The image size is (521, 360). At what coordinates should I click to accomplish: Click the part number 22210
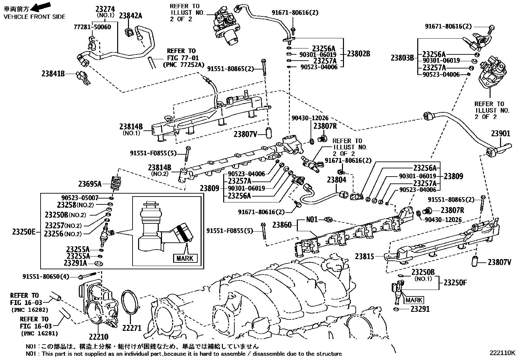click(x=98, y=337)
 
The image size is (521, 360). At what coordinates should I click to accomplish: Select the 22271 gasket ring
click(x=130, y=303)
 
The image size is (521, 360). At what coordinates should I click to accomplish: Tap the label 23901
click(x=500, y=134)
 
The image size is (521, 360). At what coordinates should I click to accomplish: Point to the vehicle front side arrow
click(x=43, y=6)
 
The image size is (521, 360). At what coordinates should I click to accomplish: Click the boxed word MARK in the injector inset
click(x=185, y=258)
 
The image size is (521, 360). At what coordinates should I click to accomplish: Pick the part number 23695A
click(x=90, y=184)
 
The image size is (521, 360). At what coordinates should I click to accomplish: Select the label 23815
click(x=364, y=256)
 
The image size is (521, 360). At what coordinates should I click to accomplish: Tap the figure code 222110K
click(x=502, y=353)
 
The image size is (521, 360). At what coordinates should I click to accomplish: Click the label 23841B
click(x=53, y=74)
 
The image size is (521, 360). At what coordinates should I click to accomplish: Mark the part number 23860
click(x=282, y=224)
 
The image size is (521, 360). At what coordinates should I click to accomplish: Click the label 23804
click(x=336, y=180)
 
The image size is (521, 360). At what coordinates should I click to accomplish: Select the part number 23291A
click(x=75, y=263)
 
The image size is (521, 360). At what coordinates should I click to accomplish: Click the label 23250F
click(x=455, y=282)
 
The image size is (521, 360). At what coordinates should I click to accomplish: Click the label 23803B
click(x=402, y=58)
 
